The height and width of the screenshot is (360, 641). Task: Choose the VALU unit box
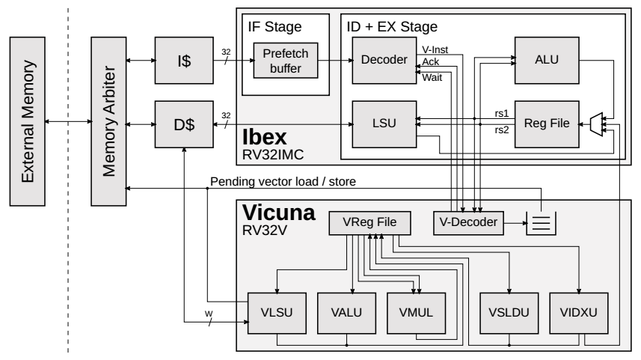[346, 314]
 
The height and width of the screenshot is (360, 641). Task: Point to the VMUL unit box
[414, 314]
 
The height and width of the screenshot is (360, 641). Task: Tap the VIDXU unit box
[579, 314]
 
